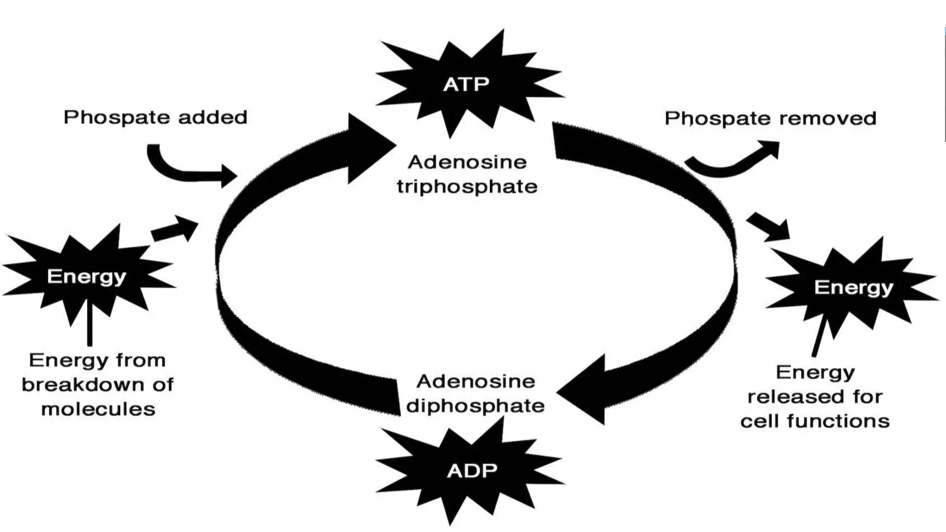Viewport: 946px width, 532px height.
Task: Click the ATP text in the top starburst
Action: [466, 85]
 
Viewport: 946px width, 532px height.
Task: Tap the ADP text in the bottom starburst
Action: [472, 471]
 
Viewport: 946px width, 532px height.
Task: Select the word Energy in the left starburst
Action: [86, 277]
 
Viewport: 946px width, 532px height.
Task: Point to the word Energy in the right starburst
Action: [853, 288]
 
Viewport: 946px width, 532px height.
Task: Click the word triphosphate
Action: [467, 187]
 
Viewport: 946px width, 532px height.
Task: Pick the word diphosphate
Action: [475, 406]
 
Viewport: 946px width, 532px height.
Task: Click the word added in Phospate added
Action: [212, 117]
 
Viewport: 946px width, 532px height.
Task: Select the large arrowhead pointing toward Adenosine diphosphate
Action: [584, 390]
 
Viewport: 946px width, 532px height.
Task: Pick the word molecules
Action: [98, 409]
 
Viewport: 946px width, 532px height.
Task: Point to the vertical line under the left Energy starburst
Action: [90, 323]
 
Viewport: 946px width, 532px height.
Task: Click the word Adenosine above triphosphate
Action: [467, 162]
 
